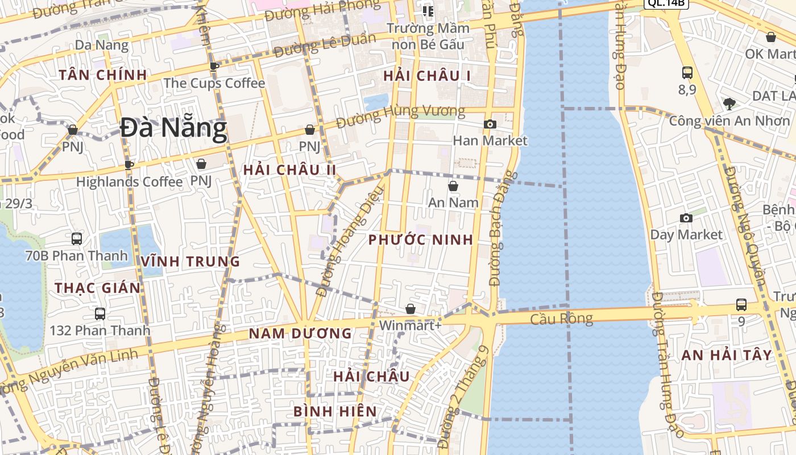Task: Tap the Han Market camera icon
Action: click(x=490, y=124)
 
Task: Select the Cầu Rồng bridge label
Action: click(x=561, y=318)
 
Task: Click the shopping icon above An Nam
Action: click(x=453, y=186)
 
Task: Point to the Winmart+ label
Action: click(x=411, y=326)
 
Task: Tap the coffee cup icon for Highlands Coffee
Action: click(x=129, y=165)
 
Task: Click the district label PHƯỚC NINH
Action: click(x=421, y=239)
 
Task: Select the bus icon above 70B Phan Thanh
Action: click(x=77, y=239)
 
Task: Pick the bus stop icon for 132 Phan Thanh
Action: click(x=100, y=313)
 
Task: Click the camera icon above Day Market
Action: click(x=686, y=218)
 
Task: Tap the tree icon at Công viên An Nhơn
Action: click(x=729, y=104)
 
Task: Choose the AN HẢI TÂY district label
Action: click(x=727, y=355)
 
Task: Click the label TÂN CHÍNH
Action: click(x=103, y=75)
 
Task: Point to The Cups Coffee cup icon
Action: click(x=214, y=67)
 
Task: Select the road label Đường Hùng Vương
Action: click(x=400, y=117)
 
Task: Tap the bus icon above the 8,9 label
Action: click(x=687, y=73)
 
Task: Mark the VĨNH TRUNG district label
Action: click(x=190, y=262)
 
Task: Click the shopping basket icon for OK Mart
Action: click(x=771, y=38)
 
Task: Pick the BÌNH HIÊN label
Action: click(x=335, y=411)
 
